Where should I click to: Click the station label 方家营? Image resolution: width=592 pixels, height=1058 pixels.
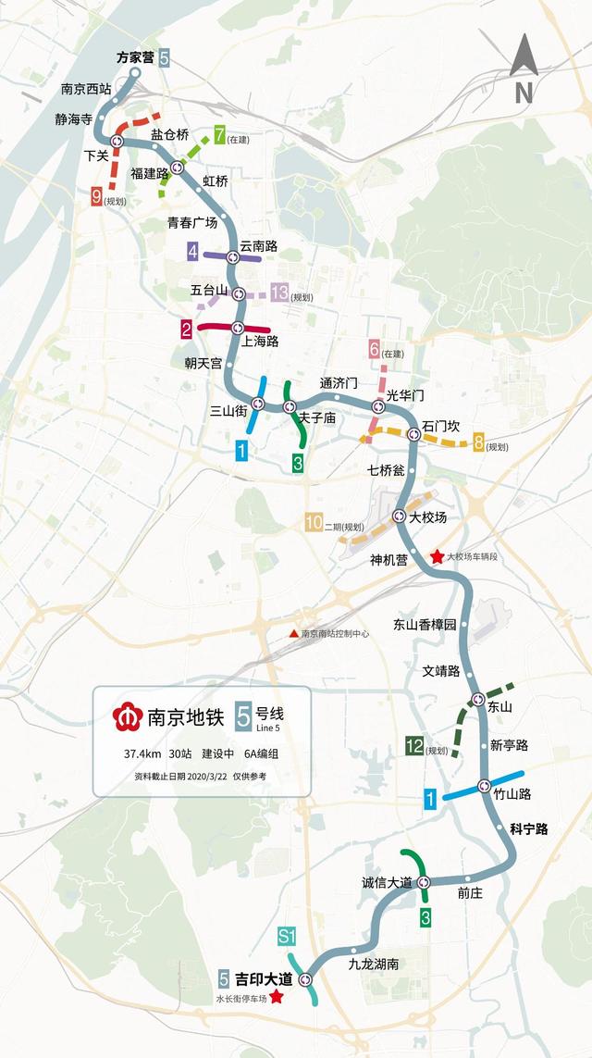pos(135,57)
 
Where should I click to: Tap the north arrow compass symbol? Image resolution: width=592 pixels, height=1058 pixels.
pos(524,68)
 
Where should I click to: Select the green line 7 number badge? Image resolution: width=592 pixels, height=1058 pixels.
pos(219,134)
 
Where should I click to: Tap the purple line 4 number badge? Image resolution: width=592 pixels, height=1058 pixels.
pos(192,251)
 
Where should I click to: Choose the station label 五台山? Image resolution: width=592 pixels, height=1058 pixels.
pos(209,290)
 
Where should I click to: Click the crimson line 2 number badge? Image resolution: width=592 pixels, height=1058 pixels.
pos(186,329)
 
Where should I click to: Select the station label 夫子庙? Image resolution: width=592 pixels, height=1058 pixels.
pos(316,418)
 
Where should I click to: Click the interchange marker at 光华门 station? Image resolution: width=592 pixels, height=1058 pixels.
pos(378,406)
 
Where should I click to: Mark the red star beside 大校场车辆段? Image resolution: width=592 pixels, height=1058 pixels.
pos(437,557)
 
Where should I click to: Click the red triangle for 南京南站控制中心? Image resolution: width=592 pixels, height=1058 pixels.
pos(293,634)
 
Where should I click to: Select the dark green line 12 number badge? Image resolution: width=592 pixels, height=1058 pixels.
pos(414,746)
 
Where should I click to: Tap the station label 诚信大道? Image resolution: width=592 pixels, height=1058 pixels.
pos(387,882)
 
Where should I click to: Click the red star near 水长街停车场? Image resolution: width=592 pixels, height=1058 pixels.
pos(275,998)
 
